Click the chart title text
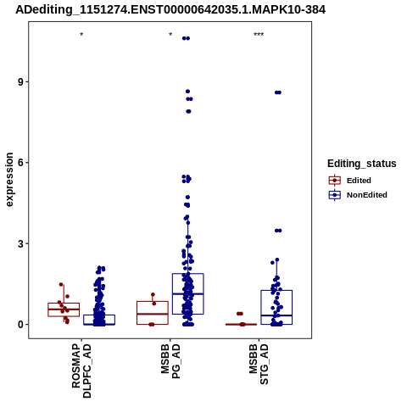(x=170, y=10)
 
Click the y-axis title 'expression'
(x=9, y=180)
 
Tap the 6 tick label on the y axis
(x=20, y=163)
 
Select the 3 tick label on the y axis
(x=20, y=243)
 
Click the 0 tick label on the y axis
(x=20, y=325)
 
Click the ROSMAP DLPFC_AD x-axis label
(x=81, y=371)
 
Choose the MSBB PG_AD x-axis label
(x=170, y=361)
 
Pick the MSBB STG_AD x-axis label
(x=259, y=365)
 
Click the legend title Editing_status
(x=362, y=164)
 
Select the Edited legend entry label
(x=359, y=181)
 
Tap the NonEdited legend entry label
(x=367, y=195)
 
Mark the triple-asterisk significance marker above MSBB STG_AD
(x=259, y=35)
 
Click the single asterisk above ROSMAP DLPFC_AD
(x=81, y=35)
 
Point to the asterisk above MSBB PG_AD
(x=170, y=35)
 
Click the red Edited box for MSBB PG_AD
(x=153, y=301)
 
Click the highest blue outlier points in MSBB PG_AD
(x=186, y=38)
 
